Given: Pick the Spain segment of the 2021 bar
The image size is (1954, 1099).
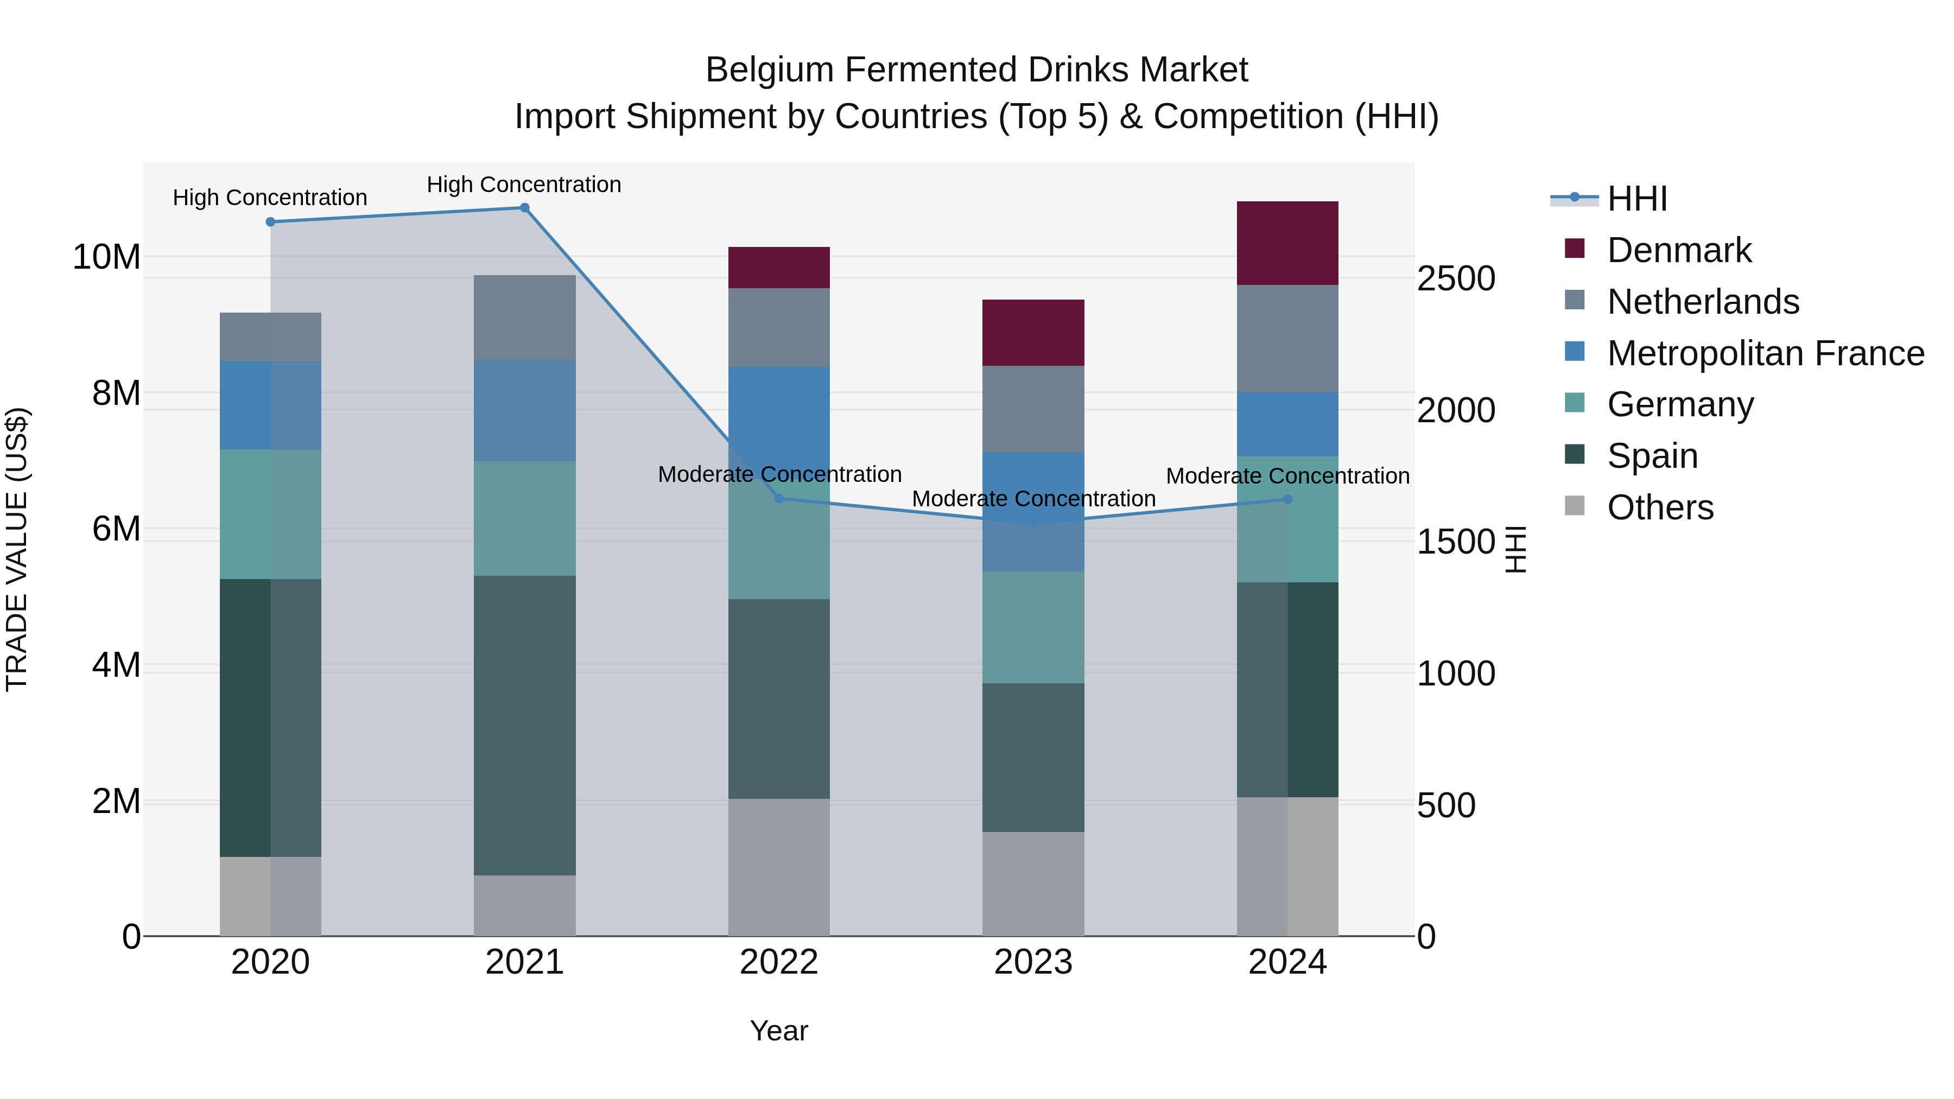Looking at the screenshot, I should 524,725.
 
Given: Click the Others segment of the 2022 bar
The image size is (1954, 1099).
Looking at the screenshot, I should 778,867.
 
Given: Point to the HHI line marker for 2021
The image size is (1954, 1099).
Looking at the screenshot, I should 524,208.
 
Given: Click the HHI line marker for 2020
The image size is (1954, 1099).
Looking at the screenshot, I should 271,221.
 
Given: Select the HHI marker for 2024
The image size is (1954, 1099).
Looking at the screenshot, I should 1287,499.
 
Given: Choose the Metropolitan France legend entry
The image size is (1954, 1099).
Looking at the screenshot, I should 1765,353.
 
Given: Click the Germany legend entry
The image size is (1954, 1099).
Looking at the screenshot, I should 1680,404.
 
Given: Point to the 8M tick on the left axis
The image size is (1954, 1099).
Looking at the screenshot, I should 116,393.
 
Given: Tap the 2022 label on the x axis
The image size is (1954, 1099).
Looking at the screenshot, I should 778,962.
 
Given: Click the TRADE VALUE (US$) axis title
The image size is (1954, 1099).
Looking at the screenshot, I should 17,549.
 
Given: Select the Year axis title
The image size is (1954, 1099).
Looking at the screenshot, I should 778,1031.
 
